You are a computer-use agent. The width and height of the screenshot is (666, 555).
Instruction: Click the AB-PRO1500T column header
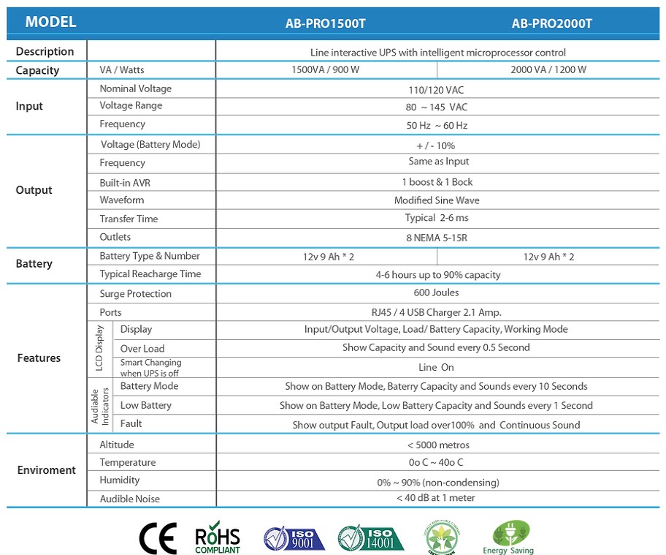[326, 23]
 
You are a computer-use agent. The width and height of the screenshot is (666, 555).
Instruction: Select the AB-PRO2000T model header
[551, 23]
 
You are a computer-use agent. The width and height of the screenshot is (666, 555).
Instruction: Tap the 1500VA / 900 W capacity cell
[326, 70]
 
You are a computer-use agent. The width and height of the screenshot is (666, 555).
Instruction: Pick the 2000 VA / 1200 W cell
[548, 70]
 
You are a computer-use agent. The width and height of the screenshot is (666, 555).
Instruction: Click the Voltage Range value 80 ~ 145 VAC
[437, 107]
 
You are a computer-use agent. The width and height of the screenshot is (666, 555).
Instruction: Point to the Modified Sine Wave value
[437, 200]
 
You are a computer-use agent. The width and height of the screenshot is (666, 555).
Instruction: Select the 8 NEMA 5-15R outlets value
[437, 237]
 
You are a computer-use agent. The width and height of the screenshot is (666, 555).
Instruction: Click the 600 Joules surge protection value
[437, 292]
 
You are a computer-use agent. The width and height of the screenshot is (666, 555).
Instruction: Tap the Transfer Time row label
[129, 219]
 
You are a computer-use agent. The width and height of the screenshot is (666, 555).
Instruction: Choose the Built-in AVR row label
[125, 182]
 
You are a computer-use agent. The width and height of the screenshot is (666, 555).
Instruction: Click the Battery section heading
[34, 264]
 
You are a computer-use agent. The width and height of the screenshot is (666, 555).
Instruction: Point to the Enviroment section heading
[46, 470]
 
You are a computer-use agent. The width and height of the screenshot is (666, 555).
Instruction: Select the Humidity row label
[120, 480]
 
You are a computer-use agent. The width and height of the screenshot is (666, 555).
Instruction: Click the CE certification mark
[158, 539]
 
